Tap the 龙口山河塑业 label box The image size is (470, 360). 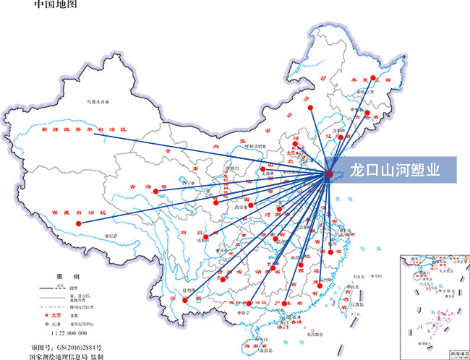click(x=394, y=172)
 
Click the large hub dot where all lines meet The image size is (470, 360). click(x=329, y=173)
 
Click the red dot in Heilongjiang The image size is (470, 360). click(x=372, y=77)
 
